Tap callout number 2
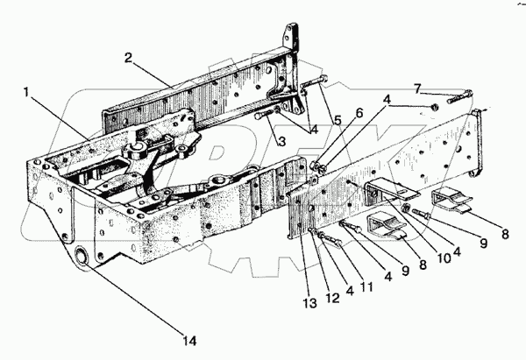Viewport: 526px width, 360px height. point(128,59)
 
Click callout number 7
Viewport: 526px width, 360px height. point(417,88)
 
